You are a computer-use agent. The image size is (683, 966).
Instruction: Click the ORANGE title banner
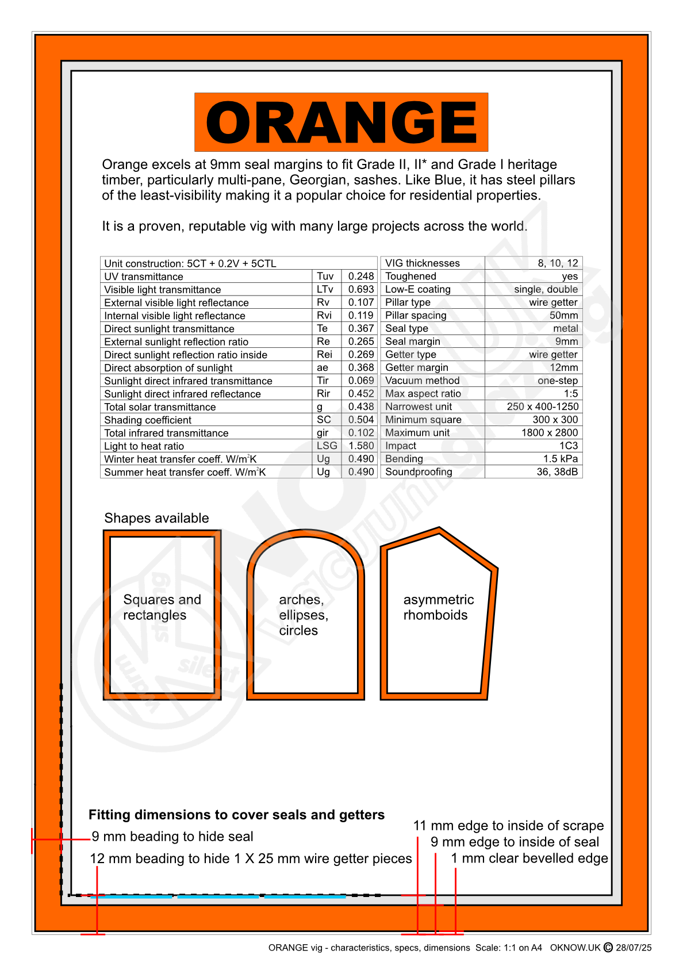(341, 122)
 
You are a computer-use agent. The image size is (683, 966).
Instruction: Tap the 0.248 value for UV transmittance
(360, 277)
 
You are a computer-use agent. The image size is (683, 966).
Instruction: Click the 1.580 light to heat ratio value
(360, 446)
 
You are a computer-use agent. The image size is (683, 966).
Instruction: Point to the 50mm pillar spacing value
(563, 315)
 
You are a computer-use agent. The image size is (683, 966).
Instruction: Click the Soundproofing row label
(419, 472)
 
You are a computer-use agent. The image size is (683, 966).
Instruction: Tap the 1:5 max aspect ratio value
(570, 393)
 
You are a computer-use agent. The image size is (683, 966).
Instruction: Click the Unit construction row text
(190, 263)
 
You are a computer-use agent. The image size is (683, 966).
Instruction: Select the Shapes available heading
(156, 518)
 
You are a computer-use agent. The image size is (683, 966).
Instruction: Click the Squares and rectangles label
(162, 607)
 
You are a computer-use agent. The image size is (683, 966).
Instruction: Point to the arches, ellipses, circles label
(303, 615)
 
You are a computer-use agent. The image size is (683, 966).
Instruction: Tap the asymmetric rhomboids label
(438, 607)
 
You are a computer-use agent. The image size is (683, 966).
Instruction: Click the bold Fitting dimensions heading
(236, 815)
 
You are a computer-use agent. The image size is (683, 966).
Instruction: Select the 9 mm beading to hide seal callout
(172, 837)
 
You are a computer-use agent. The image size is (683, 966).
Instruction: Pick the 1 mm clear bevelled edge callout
(529, 858)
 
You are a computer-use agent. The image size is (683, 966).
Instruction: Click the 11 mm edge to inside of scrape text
(508, 826)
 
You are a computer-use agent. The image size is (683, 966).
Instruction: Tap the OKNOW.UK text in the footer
(575, 948)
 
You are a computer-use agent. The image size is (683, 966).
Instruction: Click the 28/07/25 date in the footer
(634, 948)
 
